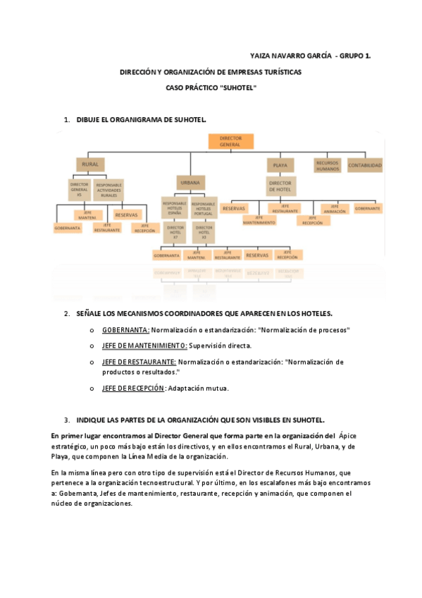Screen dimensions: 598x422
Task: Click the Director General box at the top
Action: click(230, 141)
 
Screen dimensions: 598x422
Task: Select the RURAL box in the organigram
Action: click(90, 164)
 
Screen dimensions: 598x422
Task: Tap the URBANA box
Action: click(190, 183)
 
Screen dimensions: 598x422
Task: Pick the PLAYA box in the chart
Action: click(280, 165)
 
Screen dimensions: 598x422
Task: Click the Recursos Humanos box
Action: click(328, 165)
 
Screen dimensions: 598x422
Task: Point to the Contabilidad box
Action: click(366, 166)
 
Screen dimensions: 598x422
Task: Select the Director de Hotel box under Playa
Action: click(280, 185)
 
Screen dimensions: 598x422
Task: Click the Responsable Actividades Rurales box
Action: click(109, 189)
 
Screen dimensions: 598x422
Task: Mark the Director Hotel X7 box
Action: click(175, 231)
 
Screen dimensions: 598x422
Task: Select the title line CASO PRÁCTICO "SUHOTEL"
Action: click(211, 88)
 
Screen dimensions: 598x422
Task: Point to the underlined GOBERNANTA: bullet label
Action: click(125, 329)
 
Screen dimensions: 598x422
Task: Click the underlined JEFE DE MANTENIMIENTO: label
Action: click(144, 346)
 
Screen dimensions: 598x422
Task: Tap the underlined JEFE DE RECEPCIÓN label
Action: click(133, 388)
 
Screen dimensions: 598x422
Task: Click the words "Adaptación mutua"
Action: click(199, 388)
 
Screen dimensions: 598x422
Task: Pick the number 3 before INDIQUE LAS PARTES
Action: click(66, 418)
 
